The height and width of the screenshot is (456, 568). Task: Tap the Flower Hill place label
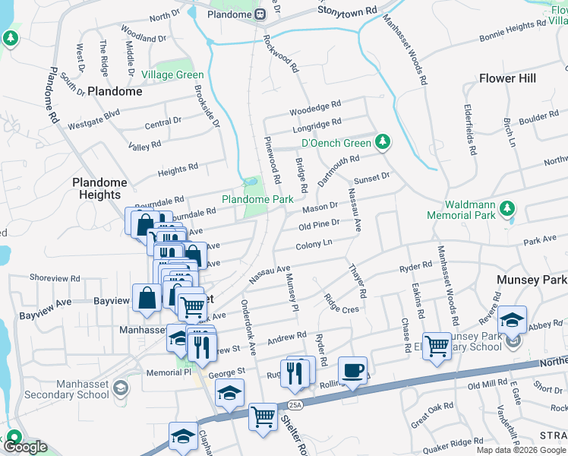(x=507, y=78)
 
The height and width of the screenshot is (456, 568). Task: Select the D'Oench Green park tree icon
(x=383, y=142)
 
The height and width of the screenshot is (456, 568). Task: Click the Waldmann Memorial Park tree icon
(x=509, y=208)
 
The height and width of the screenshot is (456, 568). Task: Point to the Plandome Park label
(x=257, y=199)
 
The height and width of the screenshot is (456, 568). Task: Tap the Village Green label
(x=172, y=75)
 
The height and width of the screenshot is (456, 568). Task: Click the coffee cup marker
(x=352, y=370)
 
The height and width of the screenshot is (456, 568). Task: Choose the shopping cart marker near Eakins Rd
(x=437, y=346)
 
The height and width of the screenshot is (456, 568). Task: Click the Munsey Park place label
(x=532, y=280)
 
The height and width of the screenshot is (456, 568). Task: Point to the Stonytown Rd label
(x=347, y=12)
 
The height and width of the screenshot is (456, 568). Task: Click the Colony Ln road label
(x=314, y=245)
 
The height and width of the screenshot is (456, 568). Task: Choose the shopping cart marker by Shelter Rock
(x=263, y=416)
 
